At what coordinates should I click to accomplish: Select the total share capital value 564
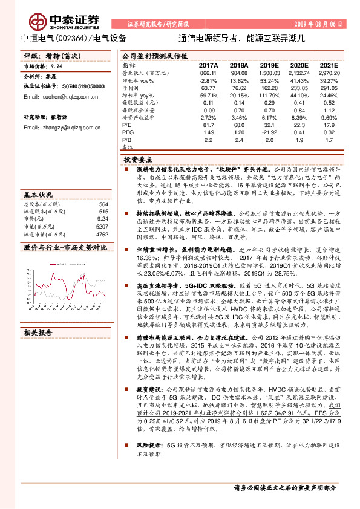[103, 204]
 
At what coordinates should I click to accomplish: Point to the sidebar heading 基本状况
[38, 196]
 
